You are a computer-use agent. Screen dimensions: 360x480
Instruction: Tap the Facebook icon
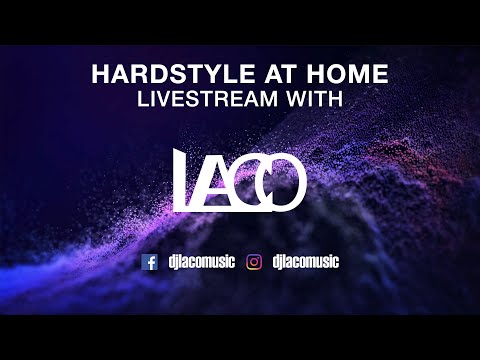(x=151, y=262)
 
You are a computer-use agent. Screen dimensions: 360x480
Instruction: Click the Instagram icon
(x=255, y=262)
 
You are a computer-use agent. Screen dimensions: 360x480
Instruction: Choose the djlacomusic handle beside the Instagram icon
(x=304, y=262)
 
